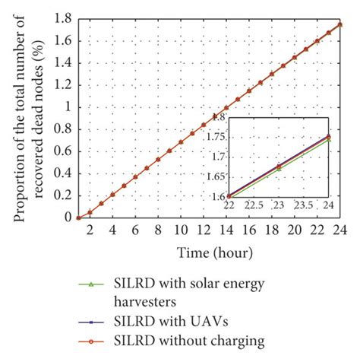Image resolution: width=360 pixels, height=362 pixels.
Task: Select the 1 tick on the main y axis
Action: (70, 106)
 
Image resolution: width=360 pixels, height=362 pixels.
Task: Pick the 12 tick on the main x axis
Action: (204, 230)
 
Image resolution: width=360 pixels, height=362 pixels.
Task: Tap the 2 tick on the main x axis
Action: (90, 230)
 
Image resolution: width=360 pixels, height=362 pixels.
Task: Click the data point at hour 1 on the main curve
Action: (78, 217)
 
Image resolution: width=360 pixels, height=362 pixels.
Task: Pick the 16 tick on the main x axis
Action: (249, 230)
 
